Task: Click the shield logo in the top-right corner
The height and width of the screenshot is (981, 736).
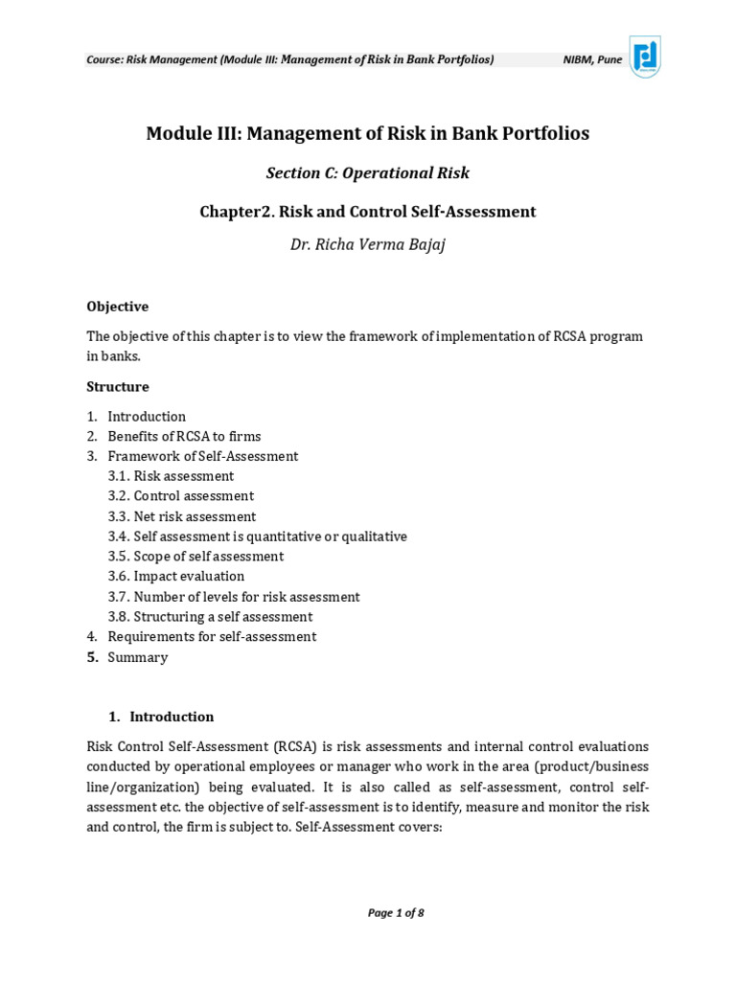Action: click(x=644, y=57)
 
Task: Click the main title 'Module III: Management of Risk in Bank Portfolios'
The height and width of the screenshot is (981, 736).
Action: click(x=368, y=133)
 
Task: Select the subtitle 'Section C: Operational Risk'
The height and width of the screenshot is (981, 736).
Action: click(x=368, y=173)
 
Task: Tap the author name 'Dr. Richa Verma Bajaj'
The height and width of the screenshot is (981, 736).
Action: click(x=368, y=244)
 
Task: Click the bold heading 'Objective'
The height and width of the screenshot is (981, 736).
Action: click(x=117, y=307)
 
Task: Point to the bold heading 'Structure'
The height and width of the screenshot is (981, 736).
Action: click(x=118, y=387)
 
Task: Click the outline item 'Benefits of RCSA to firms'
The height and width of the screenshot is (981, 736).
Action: click(x=184, y=437)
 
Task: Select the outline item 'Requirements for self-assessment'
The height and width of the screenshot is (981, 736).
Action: click(x=212, y=637)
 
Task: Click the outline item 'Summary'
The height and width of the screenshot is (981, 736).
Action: click(x=137, y=657)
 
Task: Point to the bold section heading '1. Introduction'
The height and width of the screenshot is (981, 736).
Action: click(x=160, y=717)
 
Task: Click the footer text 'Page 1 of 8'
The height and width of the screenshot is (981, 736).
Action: click(x=396, y=913)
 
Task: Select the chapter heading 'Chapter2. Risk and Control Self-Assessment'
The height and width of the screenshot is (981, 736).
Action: click(x=368, y=211)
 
